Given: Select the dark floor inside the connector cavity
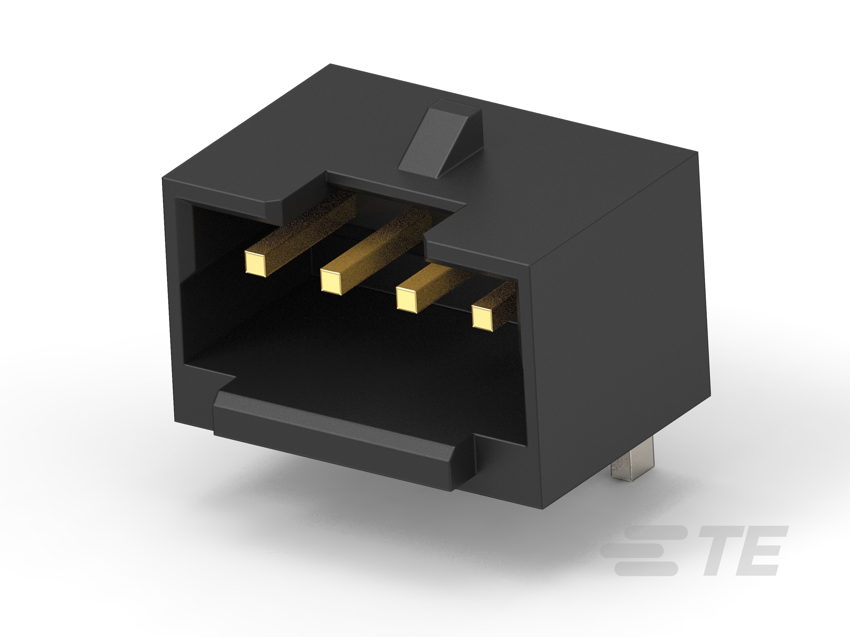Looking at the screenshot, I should coord(346,369).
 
